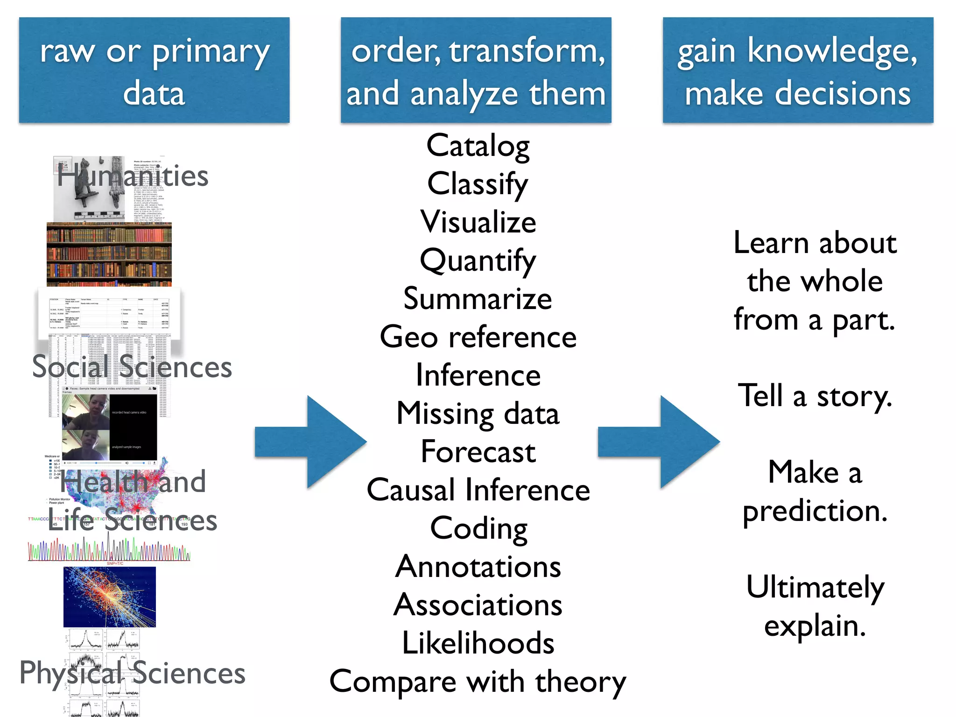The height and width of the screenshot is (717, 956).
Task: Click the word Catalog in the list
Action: click(x=478, y=146)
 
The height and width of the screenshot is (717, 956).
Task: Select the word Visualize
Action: click(x=478, y=222)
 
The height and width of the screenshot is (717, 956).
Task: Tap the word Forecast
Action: click(x=478, y=451)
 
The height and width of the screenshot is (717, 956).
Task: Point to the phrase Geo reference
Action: click(x=478, y=337)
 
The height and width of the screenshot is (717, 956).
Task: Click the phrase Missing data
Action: click(x=478, y=414)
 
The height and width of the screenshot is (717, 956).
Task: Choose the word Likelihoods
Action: click(x=478, y=643)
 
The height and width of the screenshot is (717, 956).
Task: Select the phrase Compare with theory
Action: click(x=478, y=682)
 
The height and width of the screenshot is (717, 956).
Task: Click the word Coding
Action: click(x=478, y=528)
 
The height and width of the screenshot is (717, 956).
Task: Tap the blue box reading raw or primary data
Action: click(x=154, y=70)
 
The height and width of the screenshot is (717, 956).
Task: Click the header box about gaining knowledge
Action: click(x=798, y=70)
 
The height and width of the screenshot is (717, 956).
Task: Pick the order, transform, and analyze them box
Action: click(x=476, y=70)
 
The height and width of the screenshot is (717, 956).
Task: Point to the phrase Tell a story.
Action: click(x=815, y=396)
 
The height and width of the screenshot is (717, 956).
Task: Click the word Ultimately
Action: click(x=815, y=587)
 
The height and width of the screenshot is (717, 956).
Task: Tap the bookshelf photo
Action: click(x=109, y=254)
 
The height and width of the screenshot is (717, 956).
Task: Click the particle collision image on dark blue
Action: click(x=110, y=597)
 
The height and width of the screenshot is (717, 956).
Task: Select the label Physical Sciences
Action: click(x=132, y=673)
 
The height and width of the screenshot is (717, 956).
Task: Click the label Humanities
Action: click(x=133, y=176)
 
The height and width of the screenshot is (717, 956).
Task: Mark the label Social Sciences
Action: click(x=132, y=367)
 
